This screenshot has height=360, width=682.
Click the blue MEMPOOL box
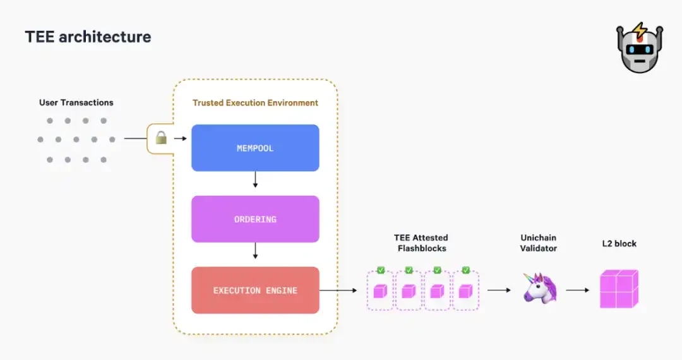click(x=255, y=148)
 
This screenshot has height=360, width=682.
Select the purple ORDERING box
click(x=255, y=219)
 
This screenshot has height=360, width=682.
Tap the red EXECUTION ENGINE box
click(x=255, y=291)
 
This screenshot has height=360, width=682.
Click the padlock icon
click(x=161, y=138)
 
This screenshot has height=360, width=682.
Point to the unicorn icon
click(x=540, y=289)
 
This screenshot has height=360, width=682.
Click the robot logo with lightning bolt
click(x=640, y=48)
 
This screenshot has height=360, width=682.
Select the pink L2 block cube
click(x=618, y=289)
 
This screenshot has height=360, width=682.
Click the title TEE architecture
click(x=88, y=37)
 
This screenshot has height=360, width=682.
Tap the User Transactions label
click(x=76, y=102)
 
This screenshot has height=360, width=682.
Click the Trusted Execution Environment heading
click(x=255, y=102)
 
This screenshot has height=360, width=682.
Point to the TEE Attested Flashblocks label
click(x=421, y=243)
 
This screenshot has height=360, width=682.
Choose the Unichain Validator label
click(x=539, y=243)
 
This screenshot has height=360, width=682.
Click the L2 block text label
click(x=618, y=243)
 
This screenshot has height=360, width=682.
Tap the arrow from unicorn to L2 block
click(x=577, y=291)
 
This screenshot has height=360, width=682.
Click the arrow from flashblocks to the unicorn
click(x=499, y=291)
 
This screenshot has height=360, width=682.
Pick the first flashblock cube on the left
click(x=380, y=291)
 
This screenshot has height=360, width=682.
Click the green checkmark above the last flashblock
click(x=465, y=270)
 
